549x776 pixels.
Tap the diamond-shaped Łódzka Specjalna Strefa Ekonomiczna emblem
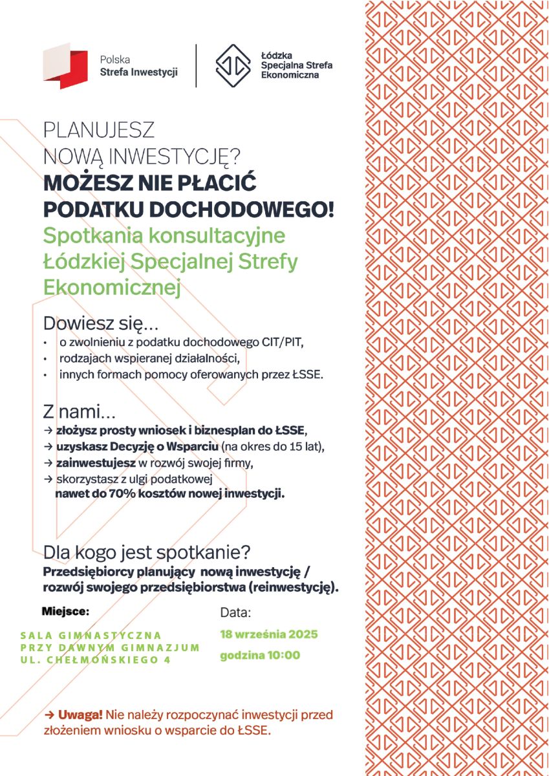tap(233, 65)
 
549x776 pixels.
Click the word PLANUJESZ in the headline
tap(99, 131)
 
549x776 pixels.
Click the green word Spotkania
tap(93, 235)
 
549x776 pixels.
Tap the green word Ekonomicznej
tap(111, 288)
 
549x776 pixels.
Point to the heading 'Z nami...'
tap(80, 411)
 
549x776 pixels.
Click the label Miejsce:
tap(65, 610)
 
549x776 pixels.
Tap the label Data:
tap(235, 612)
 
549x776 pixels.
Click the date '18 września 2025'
tap(268, 634)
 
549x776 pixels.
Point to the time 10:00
tap(283, 655)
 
